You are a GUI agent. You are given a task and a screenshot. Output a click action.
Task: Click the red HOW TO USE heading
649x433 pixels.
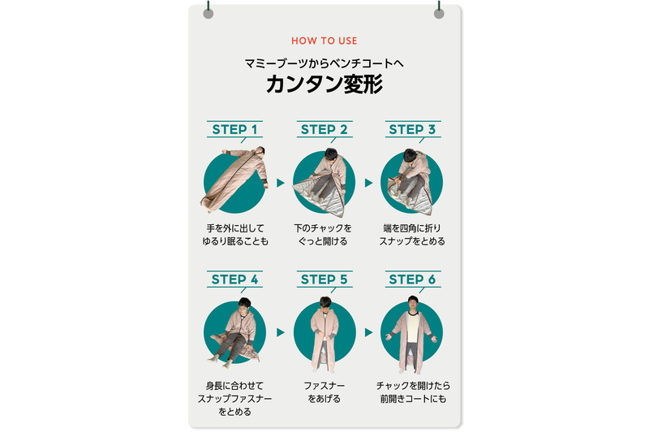coord(324,41)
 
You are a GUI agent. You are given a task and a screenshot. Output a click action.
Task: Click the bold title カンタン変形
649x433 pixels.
coord(324,84)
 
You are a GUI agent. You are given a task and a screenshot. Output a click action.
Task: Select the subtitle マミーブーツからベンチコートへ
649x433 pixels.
coord(324,62)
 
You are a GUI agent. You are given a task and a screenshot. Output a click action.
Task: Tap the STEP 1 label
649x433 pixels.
coord(234,129)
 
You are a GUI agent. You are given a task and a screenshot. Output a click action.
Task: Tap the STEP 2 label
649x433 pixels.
coord(324,129)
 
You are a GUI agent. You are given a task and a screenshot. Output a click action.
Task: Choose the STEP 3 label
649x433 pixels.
coord(412,129)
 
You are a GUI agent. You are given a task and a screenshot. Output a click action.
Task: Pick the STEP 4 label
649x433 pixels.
coord(234,279)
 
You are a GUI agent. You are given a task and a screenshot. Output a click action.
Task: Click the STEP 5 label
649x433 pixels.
coord(324,279)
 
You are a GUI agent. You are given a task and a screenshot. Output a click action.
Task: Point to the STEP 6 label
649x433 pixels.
coord(412,279)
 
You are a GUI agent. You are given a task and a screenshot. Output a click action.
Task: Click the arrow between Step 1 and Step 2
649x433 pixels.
coord(281,183)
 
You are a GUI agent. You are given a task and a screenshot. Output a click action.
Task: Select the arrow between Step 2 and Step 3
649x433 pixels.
coord(368,183)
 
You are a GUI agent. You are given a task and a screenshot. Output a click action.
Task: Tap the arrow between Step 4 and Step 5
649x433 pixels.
coord(281,332)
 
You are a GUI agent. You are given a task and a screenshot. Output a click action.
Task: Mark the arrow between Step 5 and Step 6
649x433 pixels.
coord(368,332)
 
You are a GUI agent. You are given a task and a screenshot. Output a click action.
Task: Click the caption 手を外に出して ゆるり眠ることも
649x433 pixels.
coord(235,235)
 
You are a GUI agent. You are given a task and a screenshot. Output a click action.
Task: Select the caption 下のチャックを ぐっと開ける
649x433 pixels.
coord(324,235)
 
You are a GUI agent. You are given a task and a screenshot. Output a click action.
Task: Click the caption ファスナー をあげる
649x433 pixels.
coord(324,392)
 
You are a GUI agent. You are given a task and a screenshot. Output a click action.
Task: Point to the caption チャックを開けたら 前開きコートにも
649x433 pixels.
coord(412,392)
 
